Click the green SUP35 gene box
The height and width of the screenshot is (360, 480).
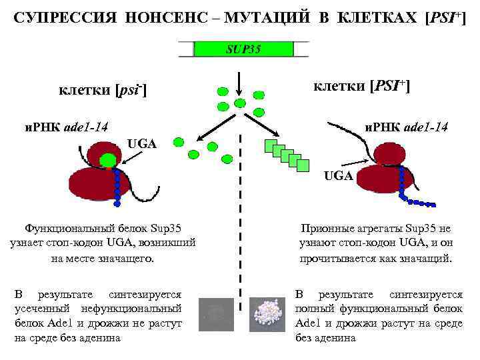pyautogui.click(x=242, y=49)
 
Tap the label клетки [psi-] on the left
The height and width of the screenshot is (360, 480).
pyautogui.click(x=103, y=89)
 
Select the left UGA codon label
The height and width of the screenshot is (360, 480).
pyautogui.click(x=141, y=143)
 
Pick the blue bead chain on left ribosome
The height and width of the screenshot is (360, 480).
pyautogui.click(x=119, y=187)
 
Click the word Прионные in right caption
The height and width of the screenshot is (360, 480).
pyautogui.click(x=327, y=228)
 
